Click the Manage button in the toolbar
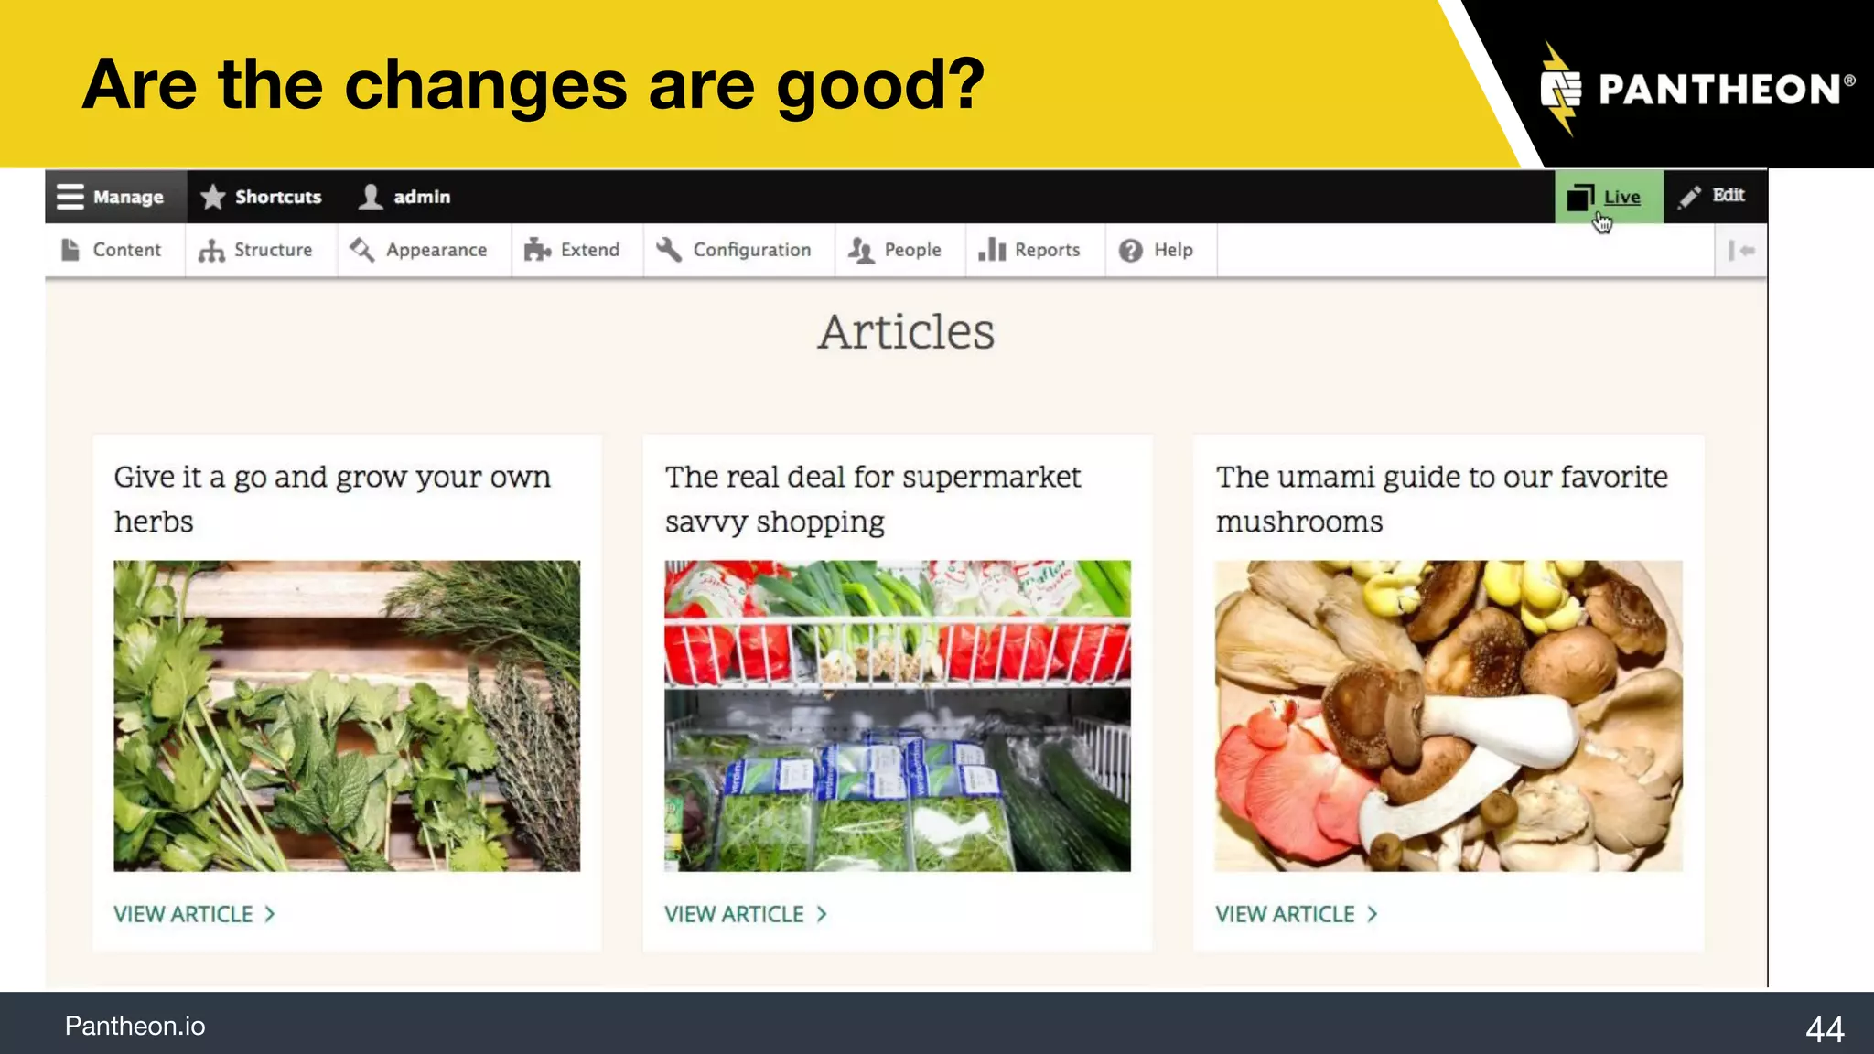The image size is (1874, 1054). coord(111,197)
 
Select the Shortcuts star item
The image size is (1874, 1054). coord(262,197)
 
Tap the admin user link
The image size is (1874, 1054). coord(405,197)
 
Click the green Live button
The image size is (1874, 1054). coord(1608,197)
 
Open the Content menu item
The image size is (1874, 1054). coord(112,250)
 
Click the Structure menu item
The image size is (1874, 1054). coord(256,250)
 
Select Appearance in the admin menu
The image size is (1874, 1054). coord(420,250)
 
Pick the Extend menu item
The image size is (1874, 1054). coord(573,250)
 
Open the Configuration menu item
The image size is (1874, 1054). coord(735,250)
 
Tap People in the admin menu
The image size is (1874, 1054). coord(896,250)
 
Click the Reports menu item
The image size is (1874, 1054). coord(1030,250)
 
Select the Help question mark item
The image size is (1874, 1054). coord(1157,250)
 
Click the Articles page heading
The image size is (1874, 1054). coord(906,331)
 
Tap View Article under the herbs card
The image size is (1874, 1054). coord(194,914)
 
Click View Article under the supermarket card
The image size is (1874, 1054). coord(745,914)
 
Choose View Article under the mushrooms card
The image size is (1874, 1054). coord(1296,914)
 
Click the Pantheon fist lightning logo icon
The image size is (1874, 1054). coord(1561,89)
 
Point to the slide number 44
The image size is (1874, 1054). coord(1824,1029)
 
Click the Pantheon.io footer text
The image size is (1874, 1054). coord(135,1027)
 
